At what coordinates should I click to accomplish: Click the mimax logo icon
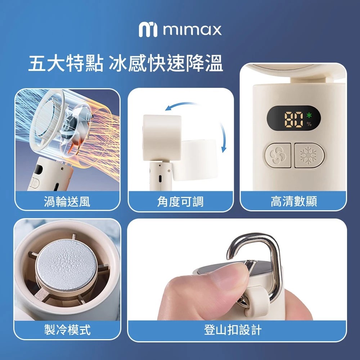pos(148,30)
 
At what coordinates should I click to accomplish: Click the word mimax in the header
pos(192,30)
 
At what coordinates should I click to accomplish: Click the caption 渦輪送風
pos(67,202)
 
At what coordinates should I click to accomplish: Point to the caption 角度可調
pos(180,202)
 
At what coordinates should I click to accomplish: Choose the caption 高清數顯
pos(294,201)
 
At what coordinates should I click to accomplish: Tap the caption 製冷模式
pos(67,330)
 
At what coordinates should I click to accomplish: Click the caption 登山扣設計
pos(233,330)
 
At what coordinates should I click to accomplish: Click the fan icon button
pos(278,155)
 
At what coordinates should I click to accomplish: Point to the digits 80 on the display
pos(294,120)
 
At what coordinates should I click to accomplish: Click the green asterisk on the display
pos(309,115)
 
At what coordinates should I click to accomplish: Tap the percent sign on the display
pos(309,124)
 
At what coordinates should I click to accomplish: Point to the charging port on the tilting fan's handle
pos(160,179)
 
